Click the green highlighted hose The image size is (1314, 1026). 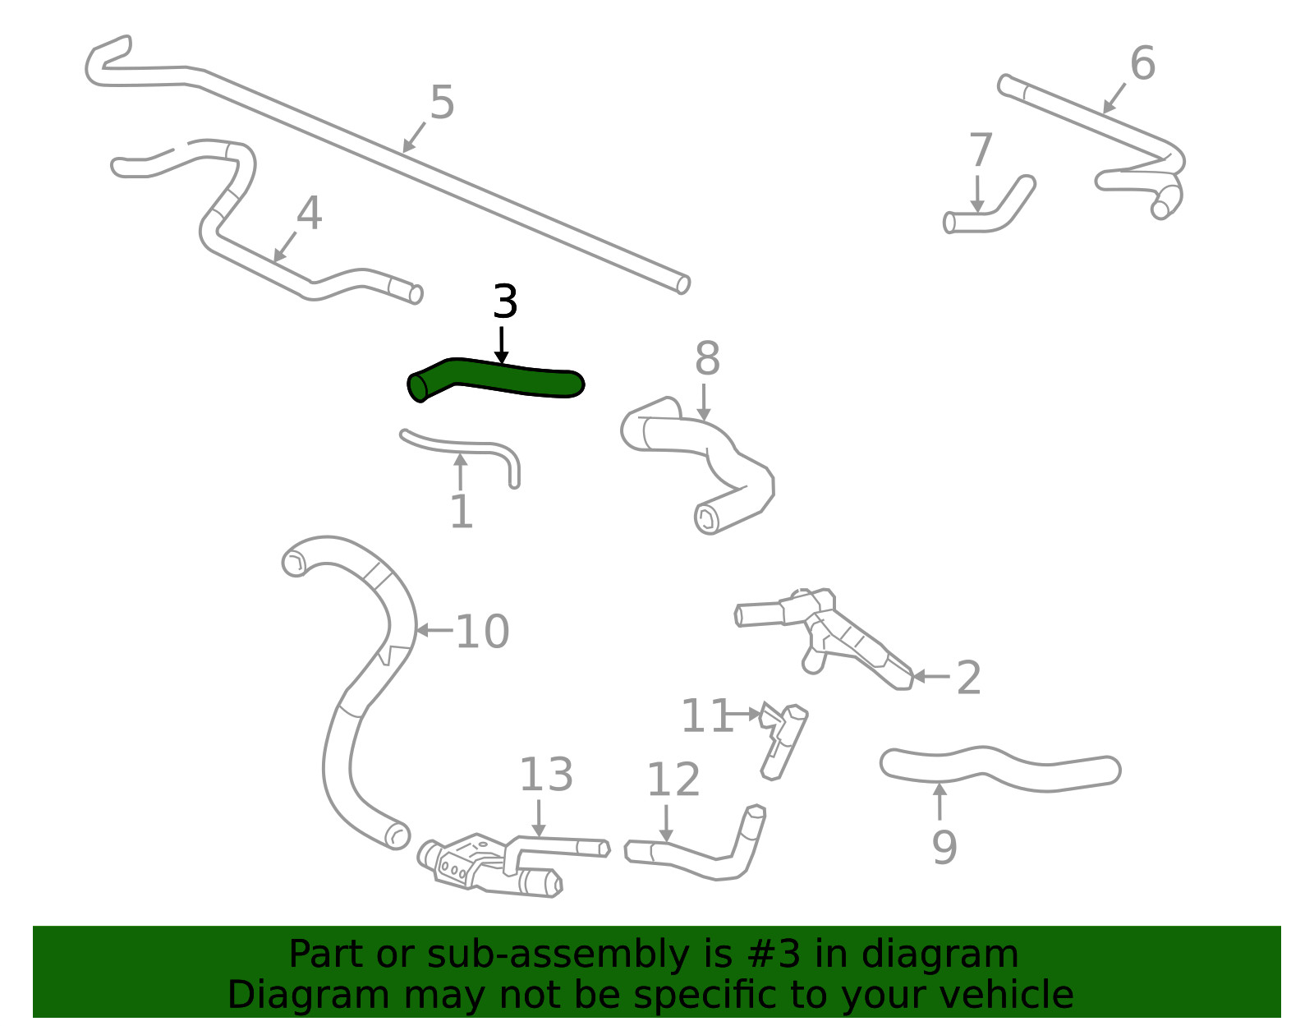click(496, 380)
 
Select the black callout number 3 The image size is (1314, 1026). click(505, 301)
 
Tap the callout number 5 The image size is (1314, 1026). click(442, 102)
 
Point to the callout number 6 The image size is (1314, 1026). click(1142, 63)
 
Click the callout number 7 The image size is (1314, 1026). click(981, 150)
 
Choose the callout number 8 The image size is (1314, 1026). click(707, 358)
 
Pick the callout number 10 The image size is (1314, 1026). click(482, 632)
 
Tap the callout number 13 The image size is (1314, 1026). click(546, 775)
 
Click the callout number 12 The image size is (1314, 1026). click(673, 780)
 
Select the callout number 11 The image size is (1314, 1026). click(707, 716)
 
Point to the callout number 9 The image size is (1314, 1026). click(944, 848)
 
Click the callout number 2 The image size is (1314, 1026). click(969, 678)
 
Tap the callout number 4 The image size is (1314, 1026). click(309, 213)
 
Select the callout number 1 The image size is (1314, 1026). click(462, 512)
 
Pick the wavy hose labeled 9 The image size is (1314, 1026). click(1000, 769)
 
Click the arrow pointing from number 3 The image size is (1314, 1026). click(501, 345)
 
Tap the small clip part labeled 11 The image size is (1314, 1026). click(783, 741)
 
